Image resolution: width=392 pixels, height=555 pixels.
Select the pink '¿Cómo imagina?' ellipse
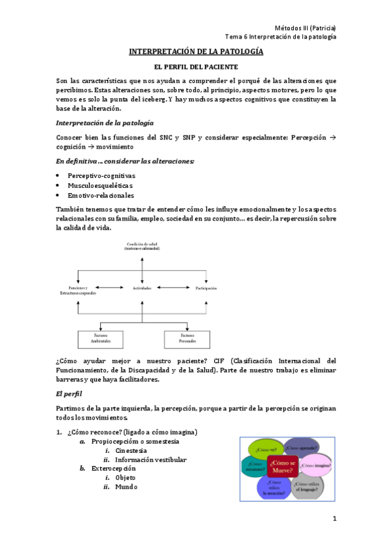point(315,465)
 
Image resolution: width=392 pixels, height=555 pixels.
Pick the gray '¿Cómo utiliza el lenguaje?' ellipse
point(308,486)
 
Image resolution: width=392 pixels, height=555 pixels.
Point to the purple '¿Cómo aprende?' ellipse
point(302,448)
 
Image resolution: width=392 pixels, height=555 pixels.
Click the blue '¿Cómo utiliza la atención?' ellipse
point(274,488)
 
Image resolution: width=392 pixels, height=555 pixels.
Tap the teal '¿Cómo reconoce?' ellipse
point(256,467)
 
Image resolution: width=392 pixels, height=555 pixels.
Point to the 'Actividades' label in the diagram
point(142,288)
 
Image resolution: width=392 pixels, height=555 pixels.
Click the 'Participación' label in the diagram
point(206,288)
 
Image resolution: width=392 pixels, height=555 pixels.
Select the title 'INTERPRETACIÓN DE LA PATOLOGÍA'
point(196,51)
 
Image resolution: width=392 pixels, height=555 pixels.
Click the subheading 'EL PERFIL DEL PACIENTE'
point(196,67)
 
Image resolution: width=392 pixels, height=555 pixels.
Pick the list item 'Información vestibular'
point(151,459)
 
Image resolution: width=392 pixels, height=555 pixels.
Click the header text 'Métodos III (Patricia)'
point(306,27)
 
